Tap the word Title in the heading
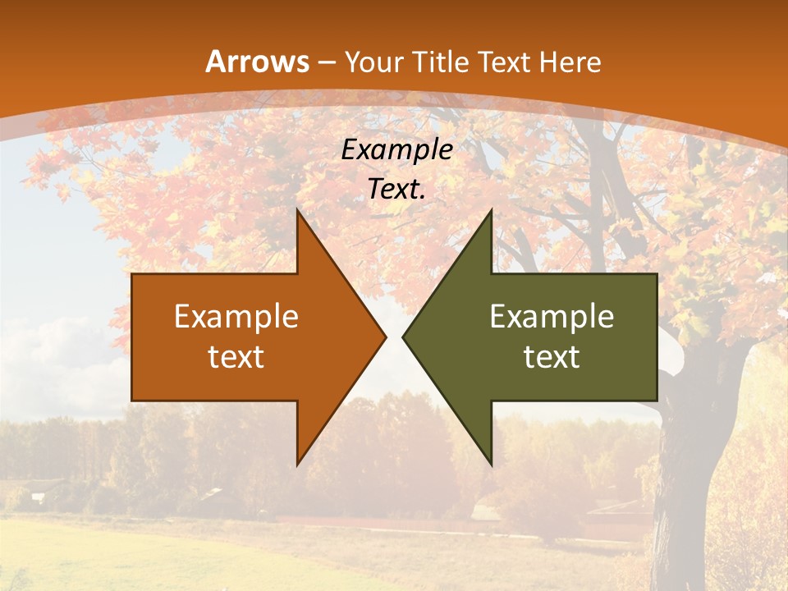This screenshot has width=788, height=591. tap(440, 62)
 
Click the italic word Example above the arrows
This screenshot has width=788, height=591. tap(396, 150)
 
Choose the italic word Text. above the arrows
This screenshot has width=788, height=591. tap(396, 190)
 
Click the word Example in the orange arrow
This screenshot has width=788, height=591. tap(236, 317)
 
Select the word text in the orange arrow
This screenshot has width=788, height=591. tap(236, 357)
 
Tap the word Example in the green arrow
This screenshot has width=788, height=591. tap(552, 317)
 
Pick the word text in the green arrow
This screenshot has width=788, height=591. tap(552, 357)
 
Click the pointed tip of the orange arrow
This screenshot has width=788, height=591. tap(386, 337)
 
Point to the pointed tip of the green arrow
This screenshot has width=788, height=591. tap(403, 337)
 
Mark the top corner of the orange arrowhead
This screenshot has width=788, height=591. tap(297, 210)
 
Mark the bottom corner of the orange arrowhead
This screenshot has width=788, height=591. tap(297, 465)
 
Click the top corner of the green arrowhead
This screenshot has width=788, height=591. tap(491, 210)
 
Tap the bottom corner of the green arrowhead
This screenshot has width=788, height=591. tap(491, 465)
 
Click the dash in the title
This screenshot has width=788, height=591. tap(327, 63)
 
